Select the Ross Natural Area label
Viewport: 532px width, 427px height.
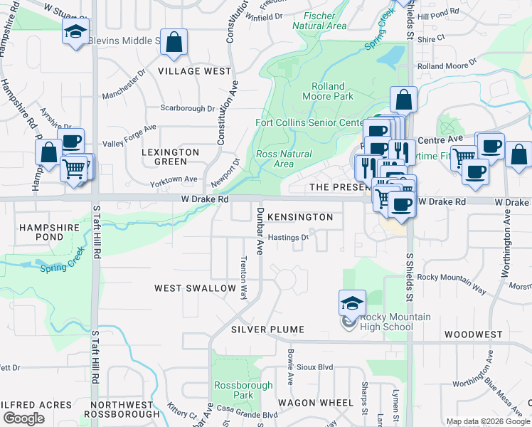[x=284, y=159]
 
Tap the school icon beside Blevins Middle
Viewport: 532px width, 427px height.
[x=75, y=31]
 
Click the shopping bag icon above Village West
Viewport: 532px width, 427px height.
[x=174, y=42]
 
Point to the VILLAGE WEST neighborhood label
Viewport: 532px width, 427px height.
[x=195, y=71]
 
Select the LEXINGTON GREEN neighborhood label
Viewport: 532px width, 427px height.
[x=170, y=157]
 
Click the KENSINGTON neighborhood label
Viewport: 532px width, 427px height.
[x=302, y=216]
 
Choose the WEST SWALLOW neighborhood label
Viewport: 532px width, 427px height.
[x=196, y=288]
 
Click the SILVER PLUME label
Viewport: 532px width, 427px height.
[x=267, y=330]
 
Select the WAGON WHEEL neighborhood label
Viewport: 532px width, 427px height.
[x=315, y=402]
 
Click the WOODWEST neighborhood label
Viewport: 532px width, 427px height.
[x=473, y=334]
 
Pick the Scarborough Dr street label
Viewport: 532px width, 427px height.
[x=187, y=108]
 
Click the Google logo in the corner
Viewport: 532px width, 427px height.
[x=23, y=418]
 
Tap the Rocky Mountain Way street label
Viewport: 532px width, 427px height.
[x=452, y=283]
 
